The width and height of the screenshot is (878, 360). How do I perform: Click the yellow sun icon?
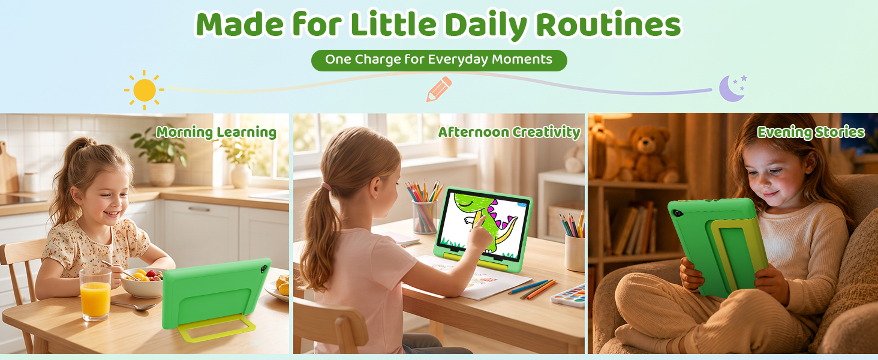pyautogui.click(x=145, y=90)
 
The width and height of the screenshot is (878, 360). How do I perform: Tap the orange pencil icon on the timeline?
pyautogui.click(x=439, y=89)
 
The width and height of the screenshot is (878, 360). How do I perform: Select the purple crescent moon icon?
pyautogui.click(x=732, y=88)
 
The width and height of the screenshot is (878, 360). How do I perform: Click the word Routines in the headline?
pyautogui.click(x=609, y=25)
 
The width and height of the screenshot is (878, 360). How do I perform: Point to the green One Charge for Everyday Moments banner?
pyautogui.click(x=439, y=61)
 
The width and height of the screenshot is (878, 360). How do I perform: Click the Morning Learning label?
pyautogui.click(x=217, y=133)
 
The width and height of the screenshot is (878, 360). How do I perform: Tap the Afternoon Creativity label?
pyautogui.click(x=509, y=133)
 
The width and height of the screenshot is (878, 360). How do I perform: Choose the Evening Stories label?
pyautogui.click(x=811, y=133)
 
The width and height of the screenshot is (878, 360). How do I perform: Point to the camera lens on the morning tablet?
pyautogui.click(x=263, y=269)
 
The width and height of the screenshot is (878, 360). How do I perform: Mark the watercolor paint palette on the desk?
pyautogui.click(x=569, y=296)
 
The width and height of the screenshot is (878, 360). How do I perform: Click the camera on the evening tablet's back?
pyautogui.click(x=677, y=214)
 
